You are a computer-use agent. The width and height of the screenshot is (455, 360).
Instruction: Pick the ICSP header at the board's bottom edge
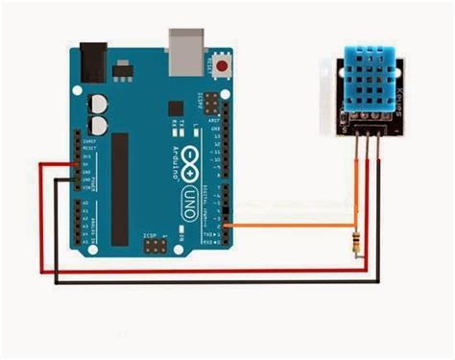pos(154,246)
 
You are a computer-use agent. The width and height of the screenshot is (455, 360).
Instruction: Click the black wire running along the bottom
pos(211,284)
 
